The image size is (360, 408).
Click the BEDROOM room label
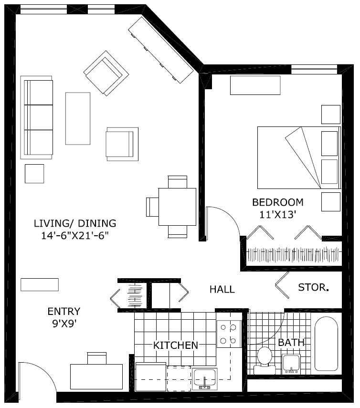pyautogui.click(x=277, y=202)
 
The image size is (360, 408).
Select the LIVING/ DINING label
pyautogui.click(x=75, y=223)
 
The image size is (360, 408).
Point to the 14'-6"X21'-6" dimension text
pyautogui.click(x=75, y=236)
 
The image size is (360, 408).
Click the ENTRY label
pyautogui.click(x=64, y=312)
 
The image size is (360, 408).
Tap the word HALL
pyautogui.click(x=222, y=290)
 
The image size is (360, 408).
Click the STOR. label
pyautogui.click(x=313, y=288)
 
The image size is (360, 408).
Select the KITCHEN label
pyautogui.click(x=175, y=345)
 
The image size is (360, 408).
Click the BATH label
pyautogui.click(x=291, y=343)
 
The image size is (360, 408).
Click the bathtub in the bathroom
pyautogui.click(x=326, y=344)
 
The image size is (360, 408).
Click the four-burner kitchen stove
pyautogui.click(x=228, y=334)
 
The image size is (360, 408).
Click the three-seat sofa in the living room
pyautogui.click(x=36, y=117)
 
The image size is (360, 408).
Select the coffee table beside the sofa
pyautogui.click(x=77, y=118)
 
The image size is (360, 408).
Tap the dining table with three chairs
pyautogui.click(x=177, y=207)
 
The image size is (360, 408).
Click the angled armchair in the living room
pyautogui.click(x=106, y=73)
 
